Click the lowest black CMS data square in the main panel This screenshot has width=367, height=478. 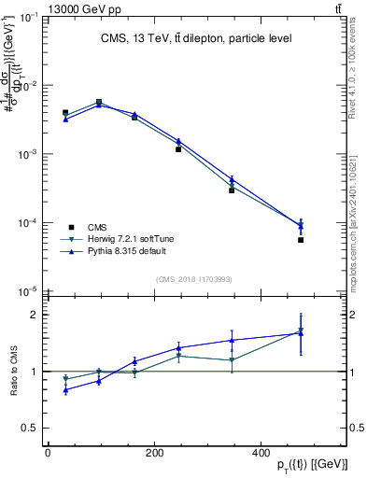[301, 240]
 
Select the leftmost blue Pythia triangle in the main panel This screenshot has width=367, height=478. [65, 119]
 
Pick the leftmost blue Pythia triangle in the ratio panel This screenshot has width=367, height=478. [65, 389]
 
